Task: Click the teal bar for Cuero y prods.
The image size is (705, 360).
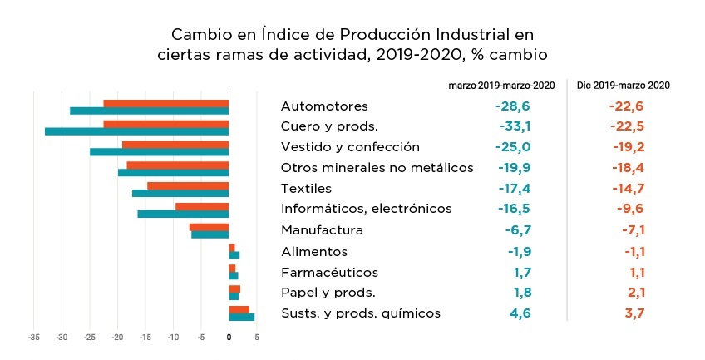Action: pos(137,131)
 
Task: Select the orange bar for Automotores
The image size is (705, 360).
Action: pos(166,103)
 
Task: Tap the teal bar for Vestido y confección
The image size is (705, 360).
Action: pos(160,152)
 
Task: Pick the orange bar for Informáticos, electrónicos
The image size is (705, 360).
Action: pos(202,206)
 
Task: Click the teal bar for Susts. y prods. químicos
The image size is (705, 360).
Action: pos(241,317)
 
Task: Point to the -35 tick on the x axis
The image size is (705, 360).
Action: pos(33,338)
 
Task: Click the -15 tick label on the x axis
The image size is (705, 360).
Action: pos(145,338)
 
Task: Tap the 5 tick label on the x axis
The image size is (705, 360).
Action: pos(257,338)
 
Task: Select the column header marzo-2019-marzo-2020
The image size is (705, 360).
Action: pos(501,85)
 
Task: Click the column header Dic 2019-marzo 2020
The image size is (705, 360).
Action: pos(624,85)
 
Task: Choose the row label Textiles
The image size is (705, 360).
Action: pos(307,188)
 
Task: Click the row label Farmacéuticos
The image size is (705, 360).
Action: pos(329,273)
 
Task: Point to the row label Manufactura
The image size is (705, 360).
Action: pos(323,230)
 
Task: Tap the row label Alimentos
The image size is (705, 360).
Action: pos(314,251)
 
